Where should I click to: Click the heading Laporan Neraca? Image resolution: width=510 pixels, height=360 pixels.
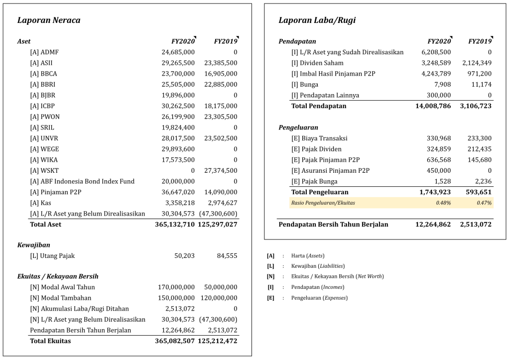click(x=49, y=20)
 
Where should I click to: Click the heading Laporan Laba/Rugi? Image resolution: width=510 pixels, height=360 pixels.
click(x=317, y=20)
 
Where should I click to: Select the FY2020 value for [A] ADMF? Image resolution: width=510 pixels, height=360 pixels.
click(x=178, y=52)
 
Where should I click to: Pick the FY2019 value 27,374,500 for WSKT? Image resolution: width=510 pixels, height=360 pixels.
click(x=221, y=171)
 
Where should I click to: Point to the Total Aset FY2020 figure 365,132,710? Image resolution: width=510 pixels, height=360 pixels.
click(x=175, y=225)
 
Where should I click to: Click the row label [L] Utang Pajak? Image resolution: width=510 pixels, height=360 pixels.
click(x=52, y=256)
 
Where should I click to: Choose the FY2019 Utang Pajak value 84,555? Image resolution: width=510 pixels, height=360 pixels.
click(x=227, y=256)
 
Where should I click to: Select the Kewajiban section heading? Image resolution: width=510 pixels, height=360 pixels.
click(x=33, y=245)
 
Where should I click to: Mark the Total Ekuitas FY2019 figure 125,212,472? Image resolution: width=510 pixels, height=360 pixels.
click(x=218, y=341)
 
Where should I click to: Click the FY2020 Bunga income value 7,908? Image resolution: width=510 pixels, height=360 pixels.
click(x=443, y=85)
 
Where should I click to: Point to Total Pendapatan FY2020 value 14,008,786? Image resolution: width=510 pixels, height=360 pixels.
click(x=433, y=106)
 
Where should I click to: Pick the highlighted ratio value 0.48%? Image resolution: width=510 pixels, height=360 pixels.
click(x=444, y=203)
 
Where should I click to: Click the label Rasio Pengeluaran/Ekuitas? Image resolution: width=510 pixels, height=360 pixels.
click(x=323, y=203)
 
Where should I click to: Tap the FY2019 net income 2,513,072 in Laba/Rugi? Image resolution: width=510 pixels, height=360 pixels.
click(x=475, y=225)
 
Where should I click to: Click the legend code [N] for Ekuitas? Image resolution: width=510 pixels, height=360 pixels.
click(x=270, y=276)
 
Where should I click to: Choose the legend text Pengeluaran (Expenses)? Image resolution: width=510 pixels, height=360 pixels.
click(x=319, y=298)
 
